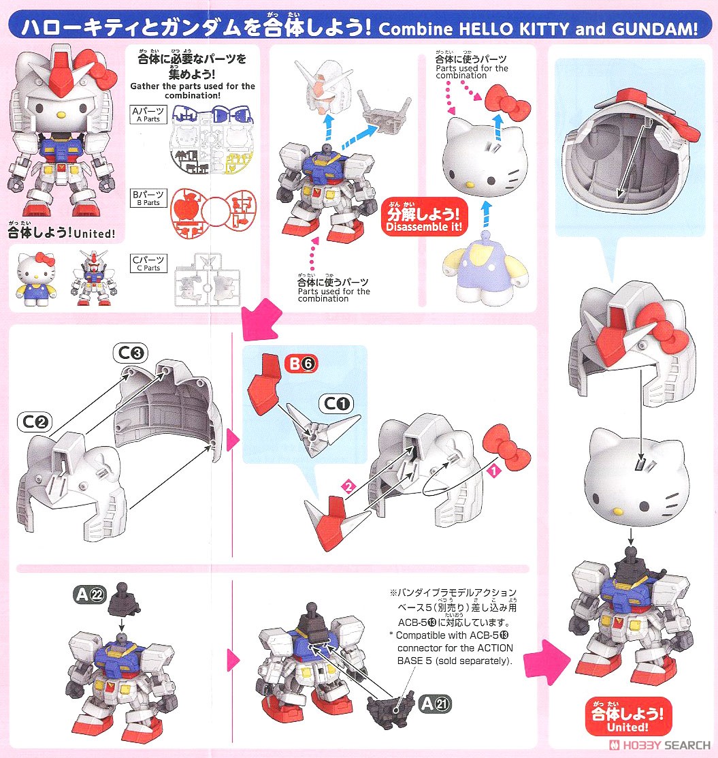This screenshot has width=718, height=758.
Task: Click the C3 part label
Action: point(128,353)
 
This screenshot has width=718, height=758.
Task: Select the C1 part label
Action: point(338,404)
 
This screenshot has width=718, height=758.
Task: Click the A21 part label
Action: point(434,703)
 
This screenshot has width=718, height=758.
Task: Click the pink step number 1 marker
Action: point(495,469)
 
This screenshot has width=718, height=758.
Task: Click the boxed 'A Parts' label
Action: point(148,114)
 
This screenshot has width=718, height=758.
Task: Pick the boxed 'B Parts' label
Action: point(148,198)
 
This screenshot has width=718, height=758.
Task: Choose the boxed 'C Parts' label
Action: point(148,264)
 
